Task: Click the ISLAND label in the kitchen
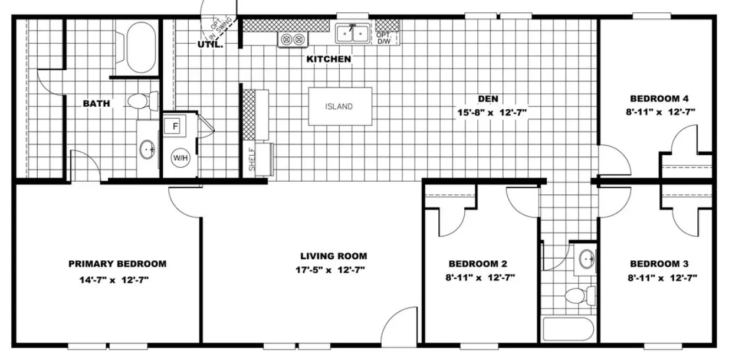339,107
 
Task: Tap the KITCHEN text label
329,59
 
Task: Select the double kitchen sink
352,34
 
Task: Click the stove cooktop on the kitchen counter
293,40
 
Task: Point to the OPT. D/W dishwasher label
384,38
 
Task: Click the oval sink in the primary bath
147,150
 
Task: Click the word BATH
96,103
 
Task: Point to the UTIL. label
210,44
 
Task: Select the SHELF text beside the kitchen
251,159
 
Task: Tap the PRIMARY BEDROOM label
117,264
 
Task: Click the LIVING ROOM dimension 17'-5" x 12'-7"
330,270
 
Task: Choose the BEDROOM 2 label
477,264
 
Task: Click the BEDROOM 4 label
659,99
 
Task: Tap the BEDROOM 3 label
659,264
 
